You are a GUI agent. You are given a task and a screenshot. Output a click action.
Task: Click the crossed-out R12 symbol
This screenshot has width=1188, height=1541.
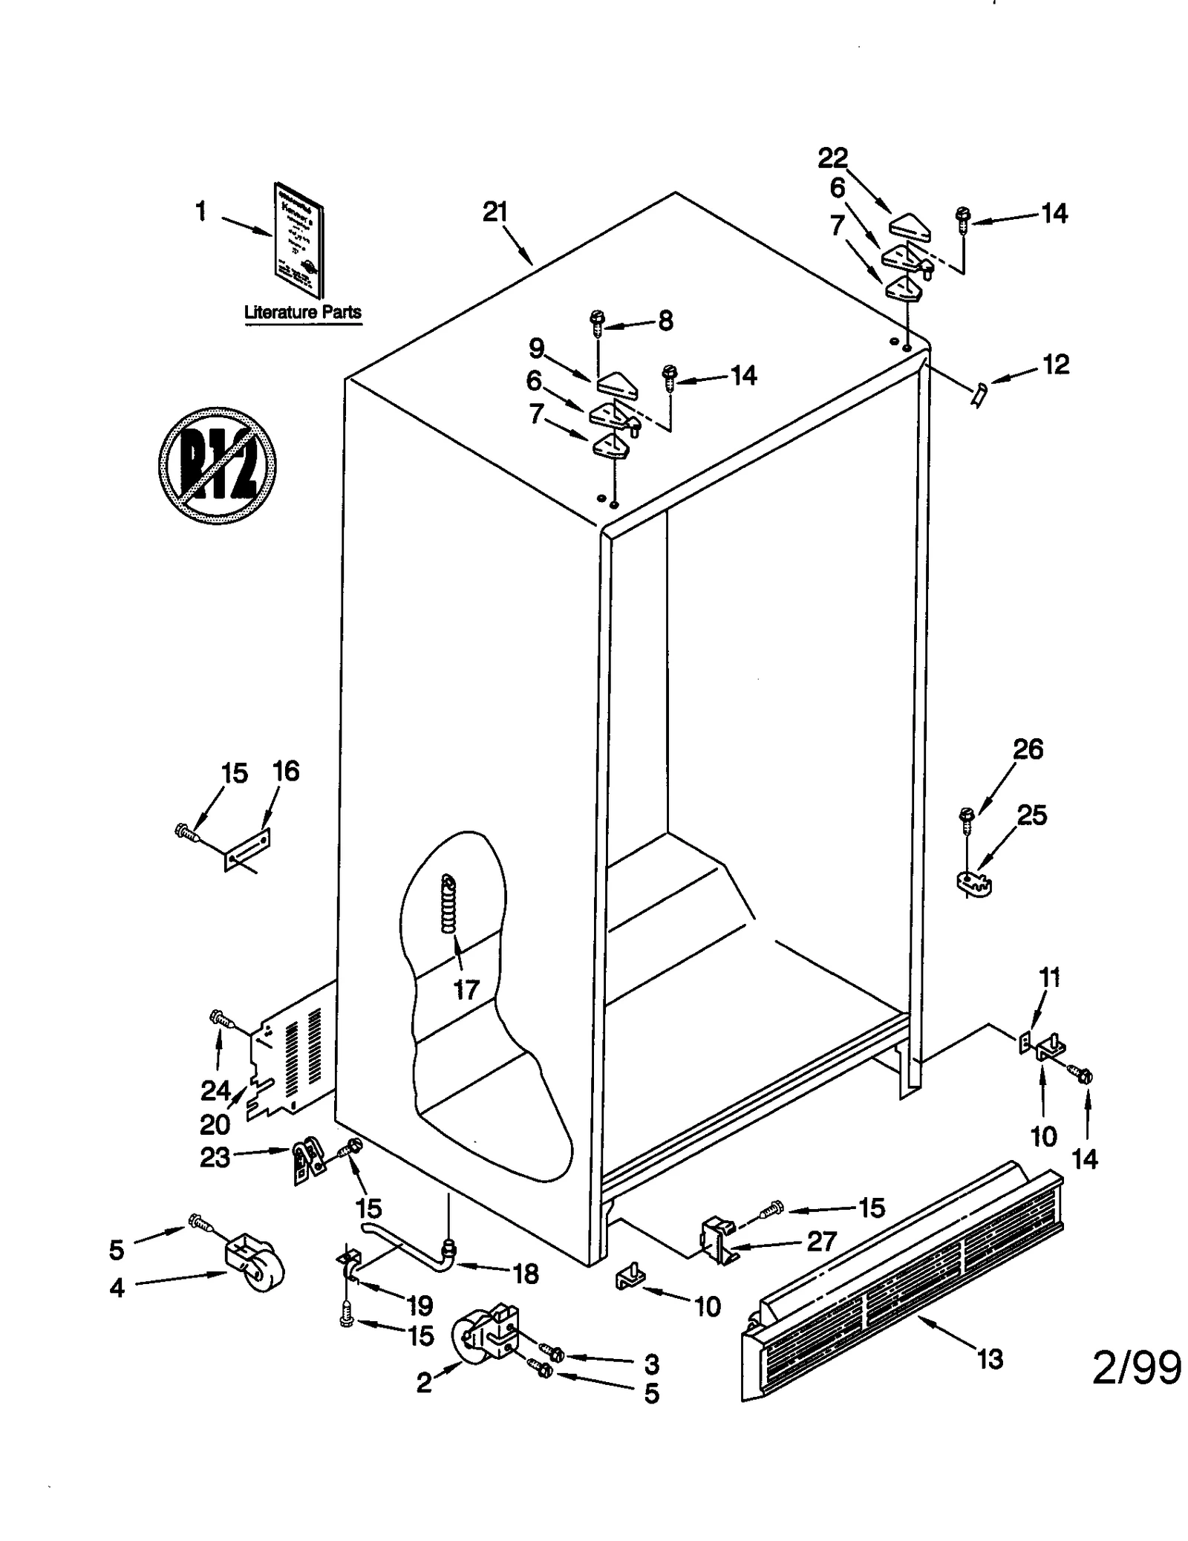(x=217, y=466)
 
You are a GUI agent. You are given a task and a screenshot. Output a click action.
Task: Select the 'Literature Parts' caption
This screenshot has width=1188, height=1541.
(x=303, y=313)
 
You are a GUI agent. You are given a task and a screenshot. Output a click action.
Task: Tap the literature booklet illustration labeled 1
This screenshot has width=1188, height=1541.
(x=299, y=239)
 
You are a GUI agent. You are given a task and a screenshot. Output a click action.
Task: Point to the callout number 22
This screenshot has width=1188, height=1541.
(x=832, y=157)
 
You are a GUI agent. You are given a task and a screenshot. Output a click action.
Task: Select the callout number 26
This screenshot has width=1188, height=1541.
(x=1028, y=749)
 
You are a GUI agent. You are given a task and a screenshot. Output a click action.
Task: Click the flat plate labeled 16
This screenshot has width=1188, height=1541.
(x=247, y=849)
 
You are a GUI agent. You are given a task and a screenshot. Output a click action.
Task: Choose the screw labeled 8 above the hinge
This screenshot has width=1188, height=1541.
(x=596, y=320)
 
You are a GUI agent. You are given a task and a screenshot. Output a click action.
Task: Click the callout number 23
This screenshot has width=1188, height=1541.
(x=215, y=1157)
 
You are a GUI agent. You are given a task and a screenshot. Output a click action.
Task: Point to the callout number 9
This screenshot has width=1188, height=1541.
(x=536, y=348)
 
